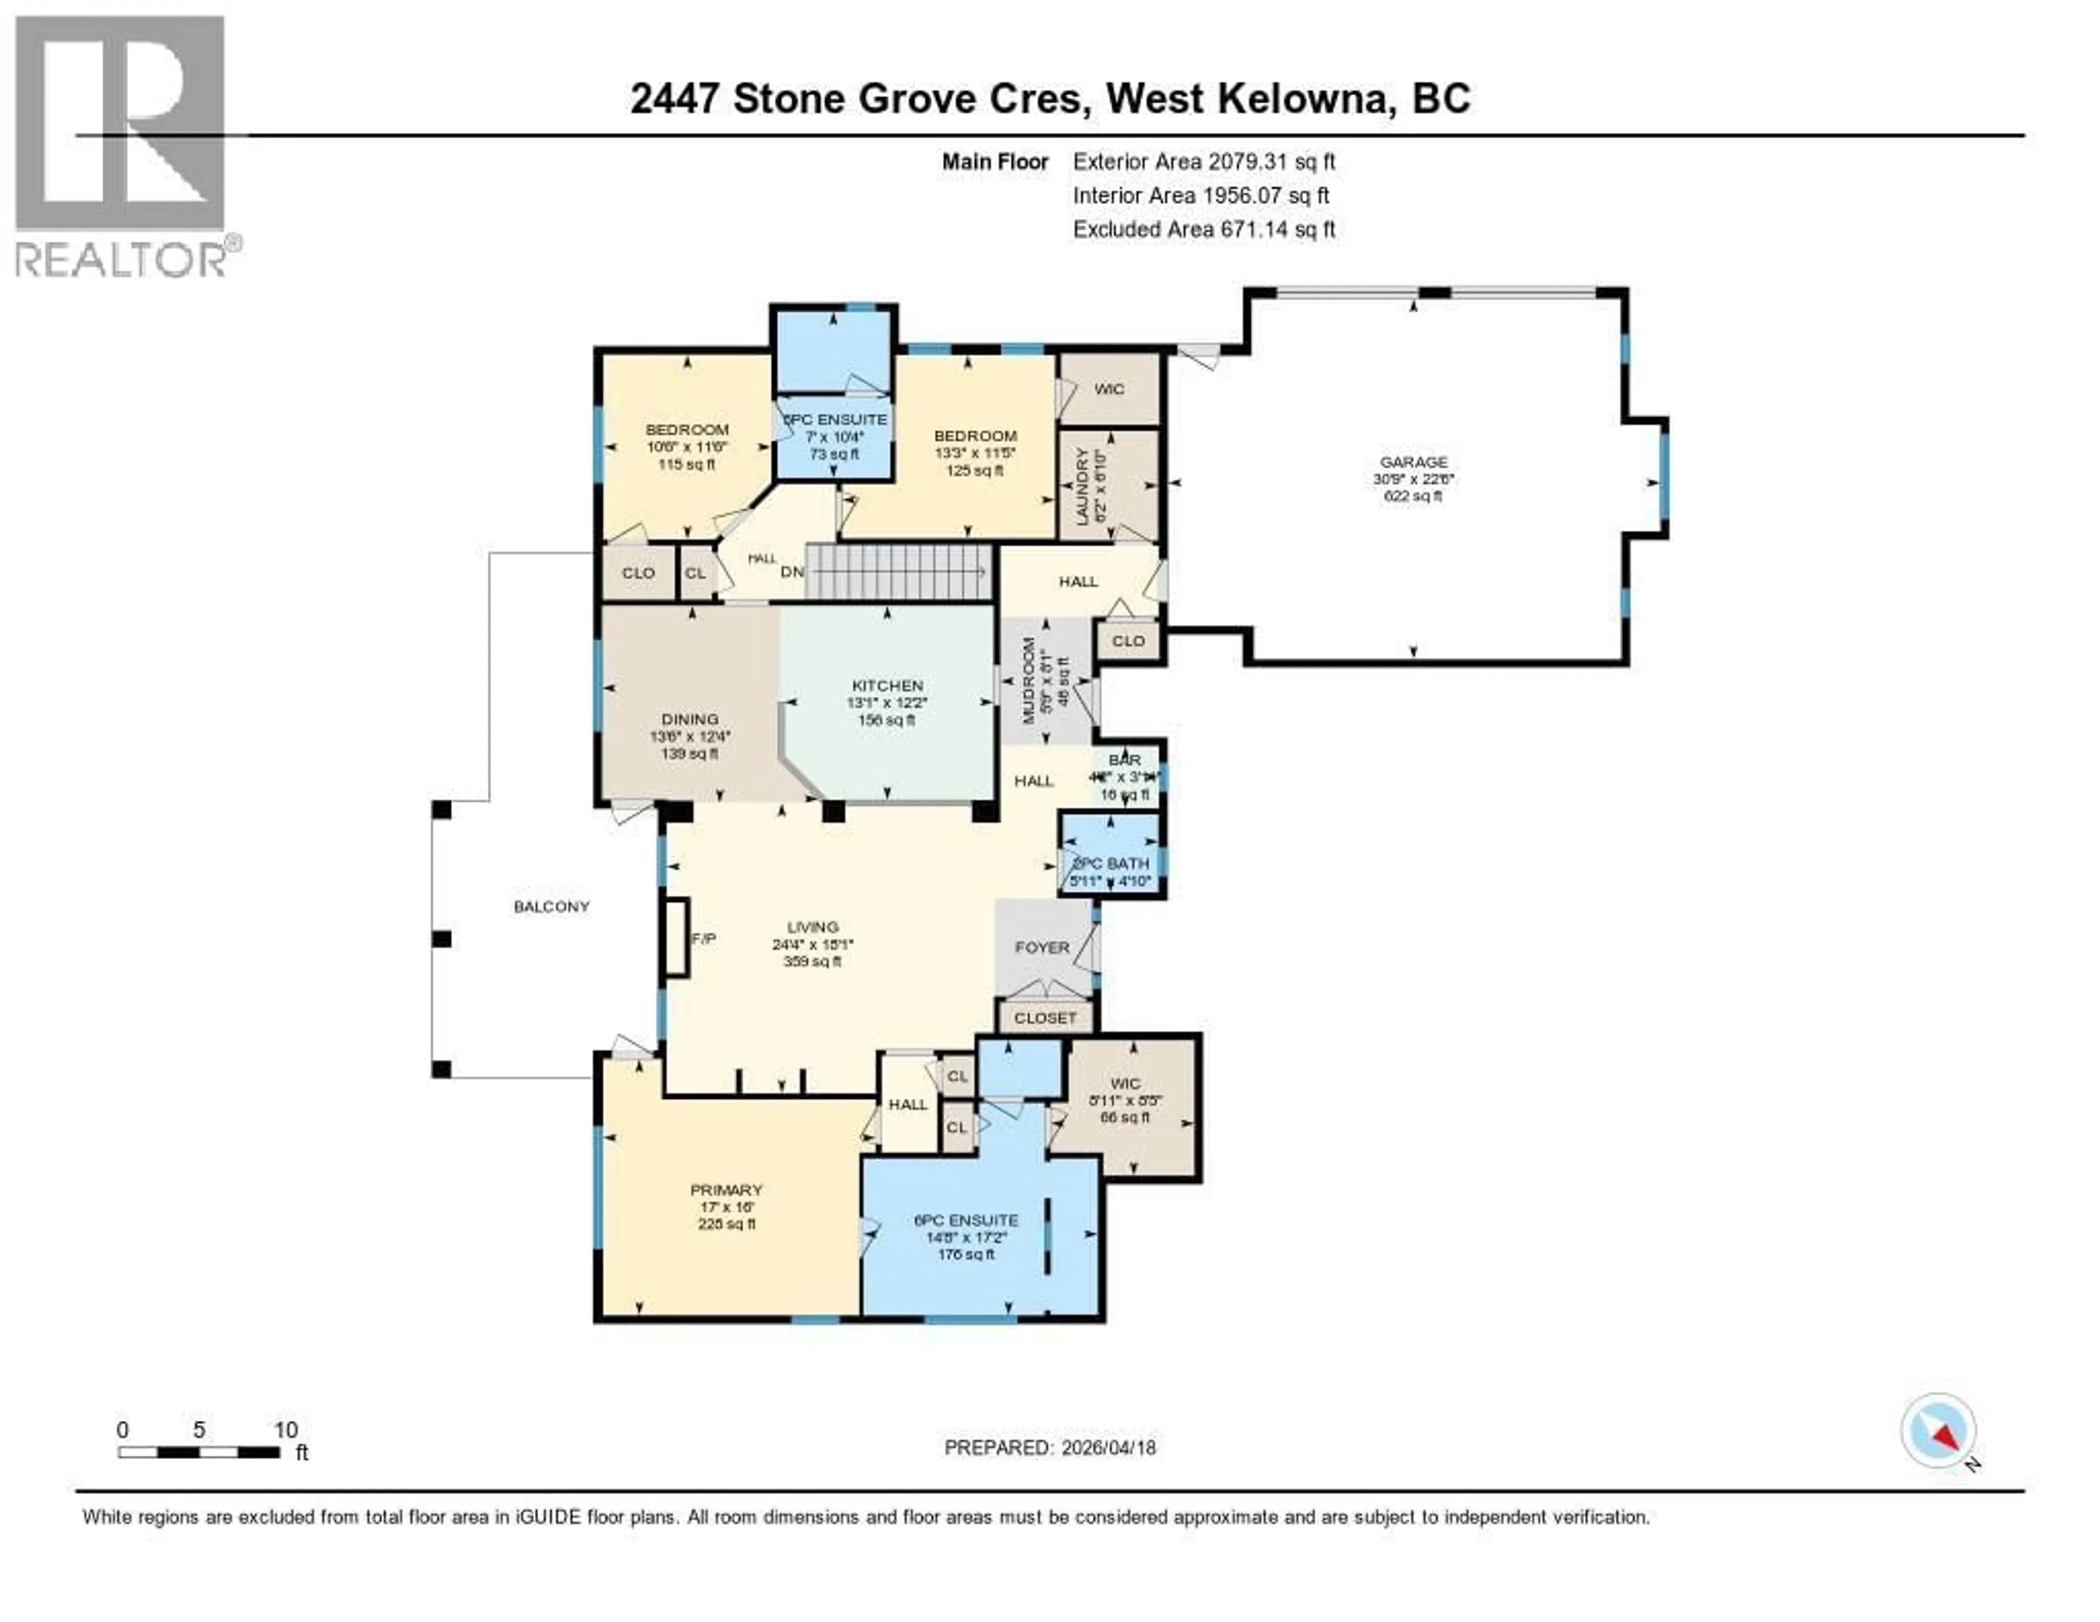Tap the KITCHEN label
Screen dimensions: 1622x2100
click(886, 686)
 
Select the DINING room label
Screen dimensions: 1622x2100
click(690, 719)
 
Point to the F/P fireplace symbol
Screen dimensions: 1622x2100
click(676, 938)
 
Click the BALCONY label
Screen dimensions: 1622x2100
click(551, 907)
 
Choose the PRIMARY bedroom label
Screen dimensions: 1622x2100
click(726, 1191)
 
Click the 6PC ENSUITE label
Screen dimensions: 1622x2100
click(965, 1220)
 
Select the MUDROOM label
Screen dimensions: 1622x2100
click(1028, 681)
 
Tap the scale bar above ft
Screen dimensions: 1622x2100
click(199, 1452)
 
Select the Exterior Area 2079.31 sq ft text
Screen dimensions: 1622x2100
click(1204, 161)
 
